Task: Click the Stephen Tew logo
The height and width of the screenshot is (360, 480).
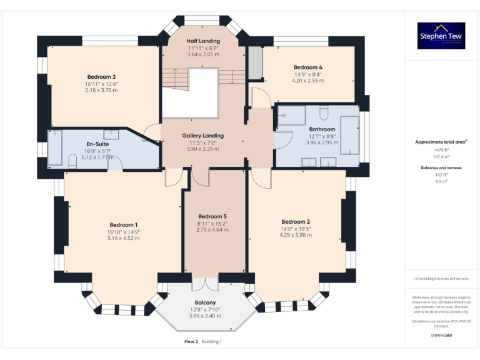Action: click(x=441, y=36)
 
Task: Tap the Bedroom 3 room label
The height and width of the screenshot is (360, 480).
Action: click(x=101, y=77)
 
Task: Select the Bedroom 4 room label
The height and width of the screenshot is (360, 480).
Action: click(x=308, y=67)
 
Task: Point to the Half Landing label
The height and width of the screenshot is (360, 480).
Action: click(x=203, y=41)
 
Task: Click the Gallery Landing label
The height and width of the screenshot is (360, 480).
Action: click(x=202, y=136)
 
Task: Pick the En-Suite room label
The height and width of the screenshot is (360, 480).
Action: click(x=97, y=144)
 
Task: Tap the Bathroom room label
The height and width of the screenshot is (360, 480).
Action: click(x=322, y=129)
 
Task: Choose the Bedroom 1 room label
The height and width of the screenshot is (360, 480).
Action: click(x=123, y=225)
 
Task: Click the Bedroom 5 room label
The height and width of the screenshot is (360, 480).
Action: click(x=212, y=216)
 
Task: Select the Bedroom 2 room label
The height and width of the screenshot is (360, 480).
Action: click(x=296, y=222)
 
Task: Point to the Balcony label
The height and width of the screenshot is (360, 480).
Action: click(x=205, y=302)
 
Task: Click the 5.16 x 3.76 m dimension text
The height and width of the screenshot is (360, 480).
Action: click(x=101, y=90)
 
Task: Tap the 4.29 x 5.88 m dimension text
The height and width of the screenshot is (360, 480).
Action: click(x=296, y=235)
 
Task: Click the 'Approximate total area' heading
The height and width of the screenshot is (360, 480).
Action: click(x=440, y=142)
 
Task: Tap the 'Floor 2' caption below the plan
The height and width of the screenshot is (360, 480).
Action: click(x=191, y=342)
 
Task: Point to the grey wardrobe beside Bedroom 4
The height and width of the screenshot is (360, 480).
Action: click(x=255, y=63)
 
